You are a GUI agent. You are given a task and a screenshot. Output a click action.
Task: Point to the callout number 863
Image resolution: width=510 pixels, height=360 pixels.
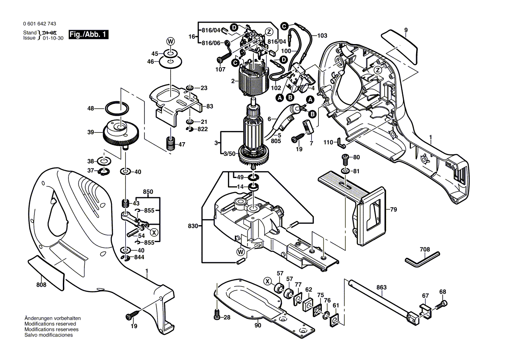click(x=382, y=288)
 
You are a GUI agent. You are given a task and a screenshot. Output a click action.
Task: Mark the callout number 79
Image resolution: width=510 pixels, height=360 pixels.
click(x=393, y=210)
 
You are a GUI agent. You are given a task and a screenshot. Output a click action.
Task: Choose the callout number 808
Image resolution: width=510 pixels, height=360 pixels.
click(x=41, y=285)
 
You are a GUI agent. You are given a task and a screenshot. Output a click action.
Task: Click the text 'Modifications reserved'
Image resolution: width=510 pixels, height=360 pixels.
click(x=50, y=324)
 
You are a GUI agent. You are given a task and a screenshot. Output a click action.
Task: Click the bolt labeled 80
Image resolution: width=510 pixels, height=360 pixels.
click(x=345, y=158)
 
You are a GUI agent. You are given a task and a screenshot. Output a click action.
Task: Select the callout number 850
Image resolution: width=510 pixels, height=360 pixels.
click(x=148, y=192)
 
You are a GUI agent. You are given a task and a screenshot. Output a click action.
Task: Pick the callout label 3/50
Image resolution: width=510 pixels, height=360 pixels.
click(x=230, y=154)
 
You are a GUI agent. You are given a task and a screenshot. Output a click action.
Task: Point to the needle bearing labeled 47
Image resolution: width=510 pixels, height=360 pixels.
click(x=169, y=143)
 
